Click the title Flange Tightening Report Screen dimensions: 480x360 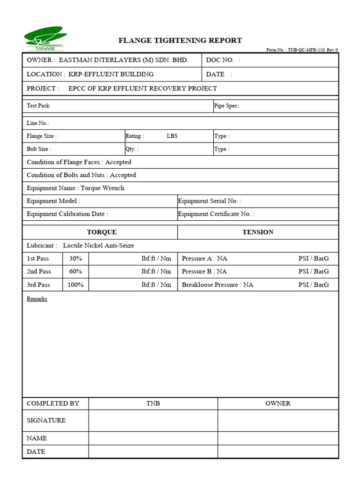point(180,40)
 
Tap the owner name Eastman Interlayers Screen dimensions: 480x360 point(123,60)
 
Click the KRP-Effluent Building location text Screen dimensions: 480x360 point(111,74)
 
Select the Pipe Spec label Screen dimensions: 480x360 point(226,106)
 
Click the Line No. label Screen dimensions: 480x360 point(38,123)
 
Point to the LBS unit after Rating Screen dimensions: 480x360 point(172,136)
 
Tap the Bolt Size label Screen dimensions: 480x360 point(39,149)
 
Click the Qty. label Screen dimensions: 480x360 point(132,149)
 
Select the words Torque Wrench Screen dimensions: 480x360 point(102,188)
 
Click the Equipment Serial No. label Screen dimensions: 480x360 point(210,201)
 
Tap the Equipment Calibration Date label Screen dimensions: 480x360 point(67,214)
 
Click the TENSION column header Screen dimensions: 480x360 point(258,232)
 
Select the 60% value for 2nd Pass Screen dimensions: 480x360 point(75,271)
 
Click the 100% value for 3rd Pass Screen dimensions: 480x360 point(75,285)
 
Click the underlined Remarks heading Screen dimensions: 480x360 point(37,299)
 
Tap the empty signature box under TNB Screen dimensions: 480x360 point(153,420)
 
